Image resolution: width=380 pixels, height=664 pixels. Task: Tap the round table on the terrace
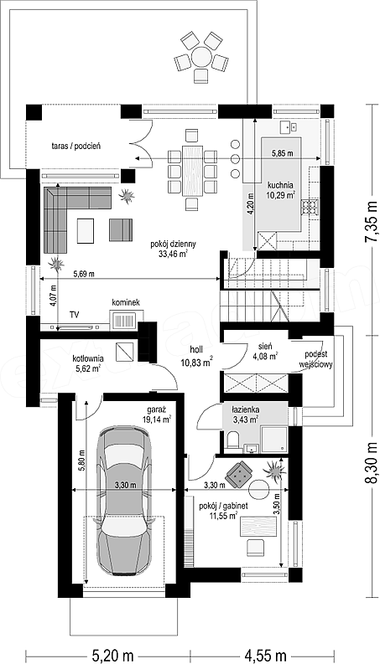pyautogui.click(x=201, y=56)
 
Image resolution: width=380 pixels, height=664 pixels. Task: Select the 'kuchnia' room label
pyautogui.click(x=280, y=185)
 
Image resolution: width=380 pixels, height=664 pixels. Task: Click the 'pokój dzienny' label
pyautogui.click(x=167, y=244)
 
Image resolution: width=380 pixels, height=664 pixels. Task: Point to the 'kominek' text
pyautogui.click(x=126, y=302)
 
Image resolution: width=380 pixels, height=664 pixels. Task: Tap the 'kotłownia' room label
pyautogui.click(x=88, y=358)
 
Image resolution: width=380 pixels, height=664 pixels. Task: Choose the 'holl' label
pyautogui.click(x=197, y=350)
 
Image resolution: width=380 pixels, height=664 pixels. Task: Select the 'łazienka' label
pyautogui.click(x=246, y=410)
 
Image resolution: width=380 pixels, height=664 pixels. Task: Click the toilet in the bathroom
pyautogui.click(x=233, y=441)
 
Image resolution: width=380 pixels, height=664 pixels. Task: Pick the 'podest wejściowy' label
pyautogui.click(x=320, y=359)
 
